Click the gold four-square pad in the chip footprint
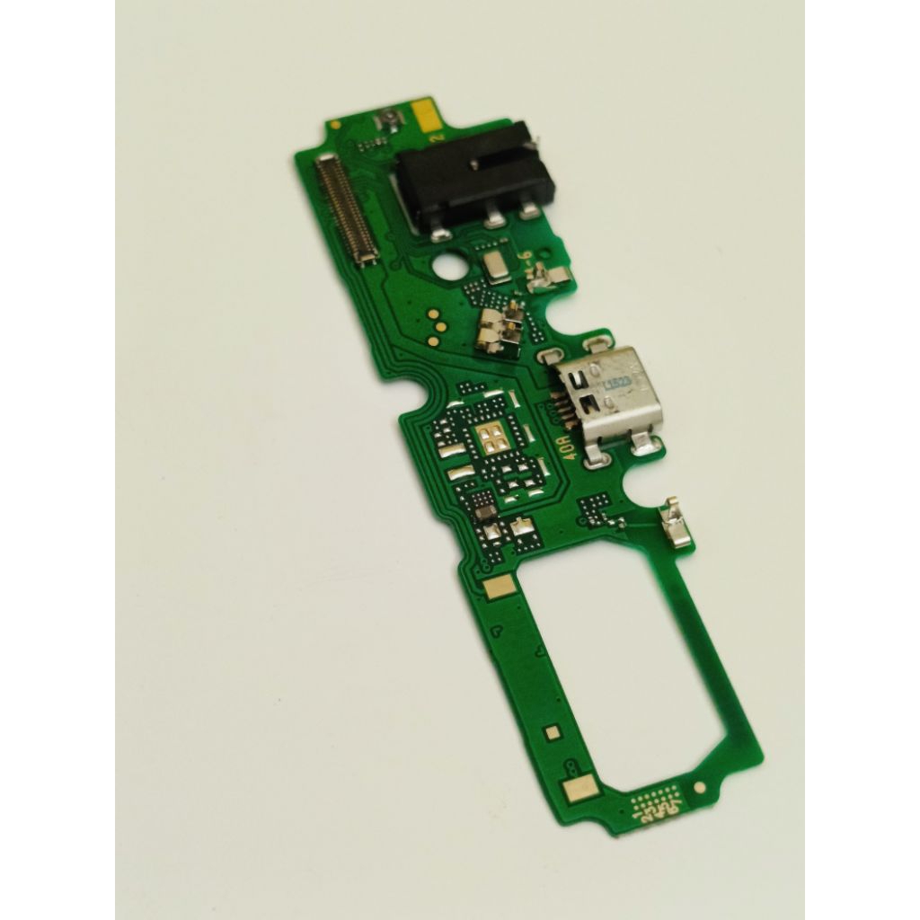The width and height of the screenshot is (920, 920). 490,438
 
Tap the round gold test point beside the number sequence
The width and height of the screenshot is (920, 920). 699,788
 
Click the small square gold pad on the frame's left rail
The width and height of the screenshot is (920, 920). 551,734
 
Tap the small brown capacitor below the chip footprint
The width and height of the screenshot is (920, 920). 485,512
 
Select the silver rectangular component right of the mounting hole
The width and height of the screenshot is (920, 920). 494,264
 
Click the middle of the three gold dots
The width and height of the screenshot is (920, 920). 433,329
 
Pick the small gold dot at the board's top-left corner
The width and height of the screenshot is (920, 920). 335,125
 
